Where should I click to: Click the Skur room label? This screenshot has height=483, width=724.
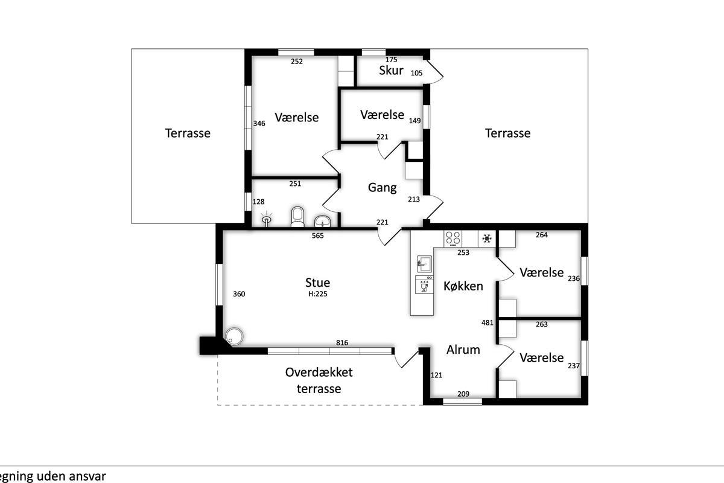tap(391, 70)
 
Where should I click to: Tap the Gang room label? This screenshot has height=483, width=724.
tap(382, 188)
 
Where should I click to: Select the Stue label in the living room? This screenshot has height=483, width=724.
tap(318, 283)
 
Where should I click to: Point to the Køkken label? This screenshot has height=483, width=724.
tap(463, 286)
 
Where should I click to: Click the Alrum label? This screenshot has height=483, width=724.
tap(463, 350)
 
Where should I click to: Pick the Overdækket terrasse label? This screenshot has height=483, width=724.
tap(319, 380)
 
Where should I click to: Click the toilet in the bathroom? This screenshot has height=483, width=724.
tap(297, 217)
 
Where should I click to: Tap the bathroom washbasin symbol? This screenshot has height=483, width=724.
tap(323, 222)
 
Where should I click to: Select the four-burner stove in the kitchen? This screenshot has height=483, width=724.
tap(453, 238)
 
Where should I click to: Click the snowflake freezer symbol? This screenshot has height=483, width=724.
tap(487, 238)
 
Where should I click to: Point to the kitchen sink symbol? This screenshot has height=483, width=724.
tap(424, 264)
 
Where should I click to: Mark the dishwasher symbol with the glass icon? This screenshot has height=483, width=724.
tap(424, 285)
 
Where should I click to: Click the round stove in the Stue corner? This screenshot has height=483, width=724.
tap(234, 336)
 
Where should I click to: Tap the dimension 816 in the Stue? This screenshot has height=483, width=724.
tap(342, 342)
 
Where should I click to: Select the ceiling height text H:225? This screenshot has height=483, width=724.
tap(318, 294)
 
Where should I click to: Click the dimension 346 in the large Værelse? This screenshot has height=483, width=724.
tap(259, 123)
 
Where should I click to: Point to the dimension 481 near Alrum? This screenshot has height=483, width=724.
tap(487, 322)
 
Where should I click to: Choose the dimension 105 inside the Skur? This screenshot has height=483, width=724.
tap(417, 73)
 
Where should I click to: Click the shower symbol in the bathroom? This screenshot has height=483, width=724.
tap(267, 219)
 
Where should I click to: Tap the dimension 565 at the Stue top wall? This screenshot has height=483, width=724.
tap(318, 235)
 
